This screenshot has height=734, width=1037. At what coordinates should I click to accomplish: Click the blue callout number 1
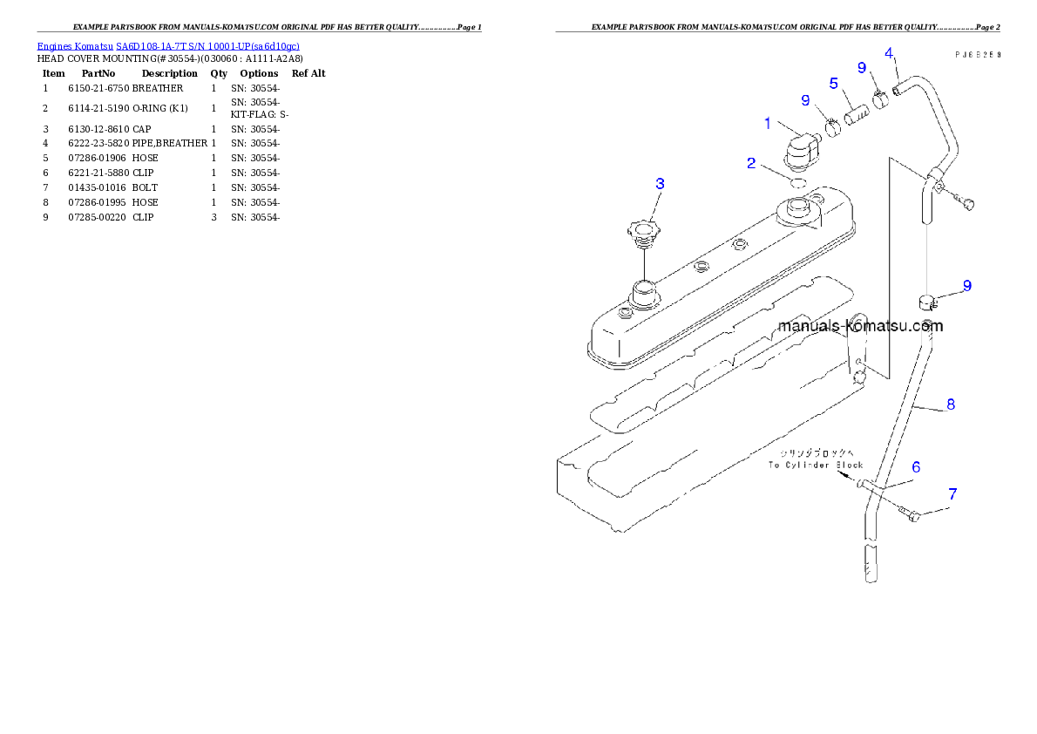(768, 124)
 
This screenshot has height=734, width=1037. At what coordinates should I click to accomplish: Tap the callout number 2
(751, 163)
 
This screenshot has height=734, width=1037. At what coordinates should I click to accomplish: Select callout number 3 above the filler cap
(660, 183)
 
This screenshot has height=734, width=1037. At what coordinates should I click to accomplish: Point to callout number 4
(889, 52)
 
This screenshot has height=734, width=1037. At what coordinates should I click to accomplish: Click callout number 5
(833, 84)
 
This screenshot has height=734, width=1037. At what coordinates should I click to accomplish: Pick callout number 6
(917, 467)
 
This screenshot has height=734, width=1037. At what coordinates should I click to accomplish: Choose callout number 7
(952, 494)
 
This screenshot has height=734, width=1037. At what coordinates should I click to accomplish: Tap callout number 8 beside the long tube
(951, 404)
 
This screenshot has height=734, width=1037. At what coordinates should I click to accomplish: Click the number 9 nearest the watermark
(967, 286)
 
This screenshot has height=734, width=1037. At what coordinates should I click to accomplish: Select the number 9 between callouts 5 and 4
(861, 67)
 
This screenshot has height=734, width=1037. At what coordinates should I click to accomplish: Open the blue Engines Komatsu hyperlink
(168, 46)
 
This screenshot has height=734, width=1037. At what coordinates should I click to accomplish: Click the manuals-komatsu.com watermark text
(860, 327)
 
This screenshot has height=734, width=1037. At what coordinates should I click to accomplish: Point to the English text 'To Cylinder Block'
(815, 465)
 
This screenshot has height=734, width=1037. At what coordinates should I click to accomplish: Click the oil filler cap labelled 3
(642, 233)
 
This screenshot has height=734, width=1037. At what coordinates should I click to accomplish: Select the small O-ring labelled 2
(796, 182)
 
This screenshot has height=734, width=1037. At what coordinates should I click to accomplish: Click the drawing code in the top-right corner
(977, 53)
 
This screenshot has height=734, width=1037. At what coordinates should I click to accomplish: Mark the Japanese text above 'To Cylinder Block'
(817, 453)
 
